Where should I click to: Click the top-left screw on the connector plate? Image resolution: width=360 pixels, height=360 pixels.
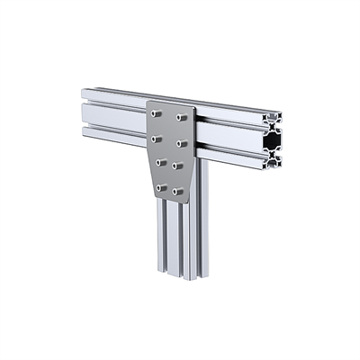pos(157,114)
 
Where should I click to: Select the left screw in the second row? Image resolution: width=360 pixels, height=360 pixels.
pos(157,139)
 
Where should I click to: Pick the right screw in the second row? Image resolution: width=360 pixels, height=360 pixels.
pos(181,142)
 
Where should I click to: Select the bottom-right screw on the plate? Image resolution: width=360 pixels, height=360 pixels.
pos(177,190)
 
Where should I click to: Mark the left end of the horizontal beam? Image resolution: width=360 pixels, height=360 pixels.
pos(84,112)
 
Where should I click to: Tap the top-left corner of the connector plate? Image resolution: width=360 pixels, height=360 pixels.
pos(148,103)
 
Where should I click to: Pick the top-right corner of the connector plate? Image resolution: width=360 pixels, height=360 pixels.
pos(192,108)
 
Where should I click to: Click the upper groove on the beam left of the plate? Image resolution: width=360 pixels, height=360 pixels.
pos(112,102)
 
